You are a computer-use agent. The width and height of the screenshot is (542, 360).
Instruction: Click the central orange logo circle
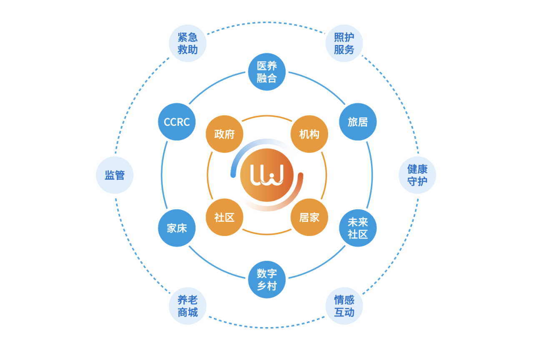267,175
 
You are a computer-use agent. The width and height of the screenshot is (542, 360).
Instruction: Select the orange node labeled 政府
224,134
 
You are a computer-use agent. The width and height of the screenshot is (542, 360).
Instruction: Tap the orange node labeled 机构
309,134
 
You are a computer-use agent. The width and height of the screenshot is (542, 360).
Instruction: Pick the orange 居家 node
309,217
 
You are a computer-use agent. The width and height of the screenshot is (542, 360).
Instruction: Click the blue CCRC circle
177,122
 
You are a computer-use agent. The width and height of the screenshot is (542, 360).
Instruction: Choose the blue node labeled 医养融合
267,72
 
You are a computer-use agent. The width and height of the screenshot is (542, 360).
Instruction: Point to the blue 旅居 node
358,122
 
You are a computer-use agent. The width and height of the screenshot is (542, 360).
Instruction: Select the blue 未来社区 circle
358,228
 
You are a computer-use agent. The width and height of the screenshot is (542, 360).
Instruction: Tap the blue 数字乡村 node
267,280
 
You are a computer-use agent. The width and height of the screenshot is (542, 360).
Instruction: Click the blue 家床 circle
177,228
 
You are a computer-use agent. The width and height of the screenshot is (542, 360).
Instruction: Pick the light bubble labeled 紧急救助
188,43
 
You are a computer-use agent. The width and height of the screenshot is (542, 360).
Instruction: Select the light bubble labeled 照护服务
344,43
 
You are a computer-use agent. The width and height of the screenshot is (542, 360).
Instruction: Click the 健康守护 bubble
417,175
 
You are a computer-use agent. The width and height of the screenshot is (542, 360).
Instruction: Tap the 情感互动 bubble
344,306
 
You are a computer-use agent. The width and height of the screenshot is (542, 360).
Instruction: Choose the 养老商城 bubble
188,306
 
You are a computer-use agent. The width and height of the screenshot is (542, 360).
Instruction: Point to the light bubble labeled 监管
115,175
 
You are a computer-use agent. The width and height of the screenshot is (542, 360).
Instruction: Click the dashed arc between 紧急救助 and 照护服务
266,22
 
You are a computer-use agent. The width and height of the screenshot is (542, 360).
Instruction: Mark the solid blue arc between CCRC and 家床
162,175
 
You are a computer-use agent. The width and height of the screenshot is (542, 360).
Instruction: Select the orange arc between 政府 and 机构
267,116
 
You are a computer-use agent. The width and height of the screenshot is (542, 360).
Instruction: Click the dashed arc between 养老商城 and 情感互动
266,327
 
